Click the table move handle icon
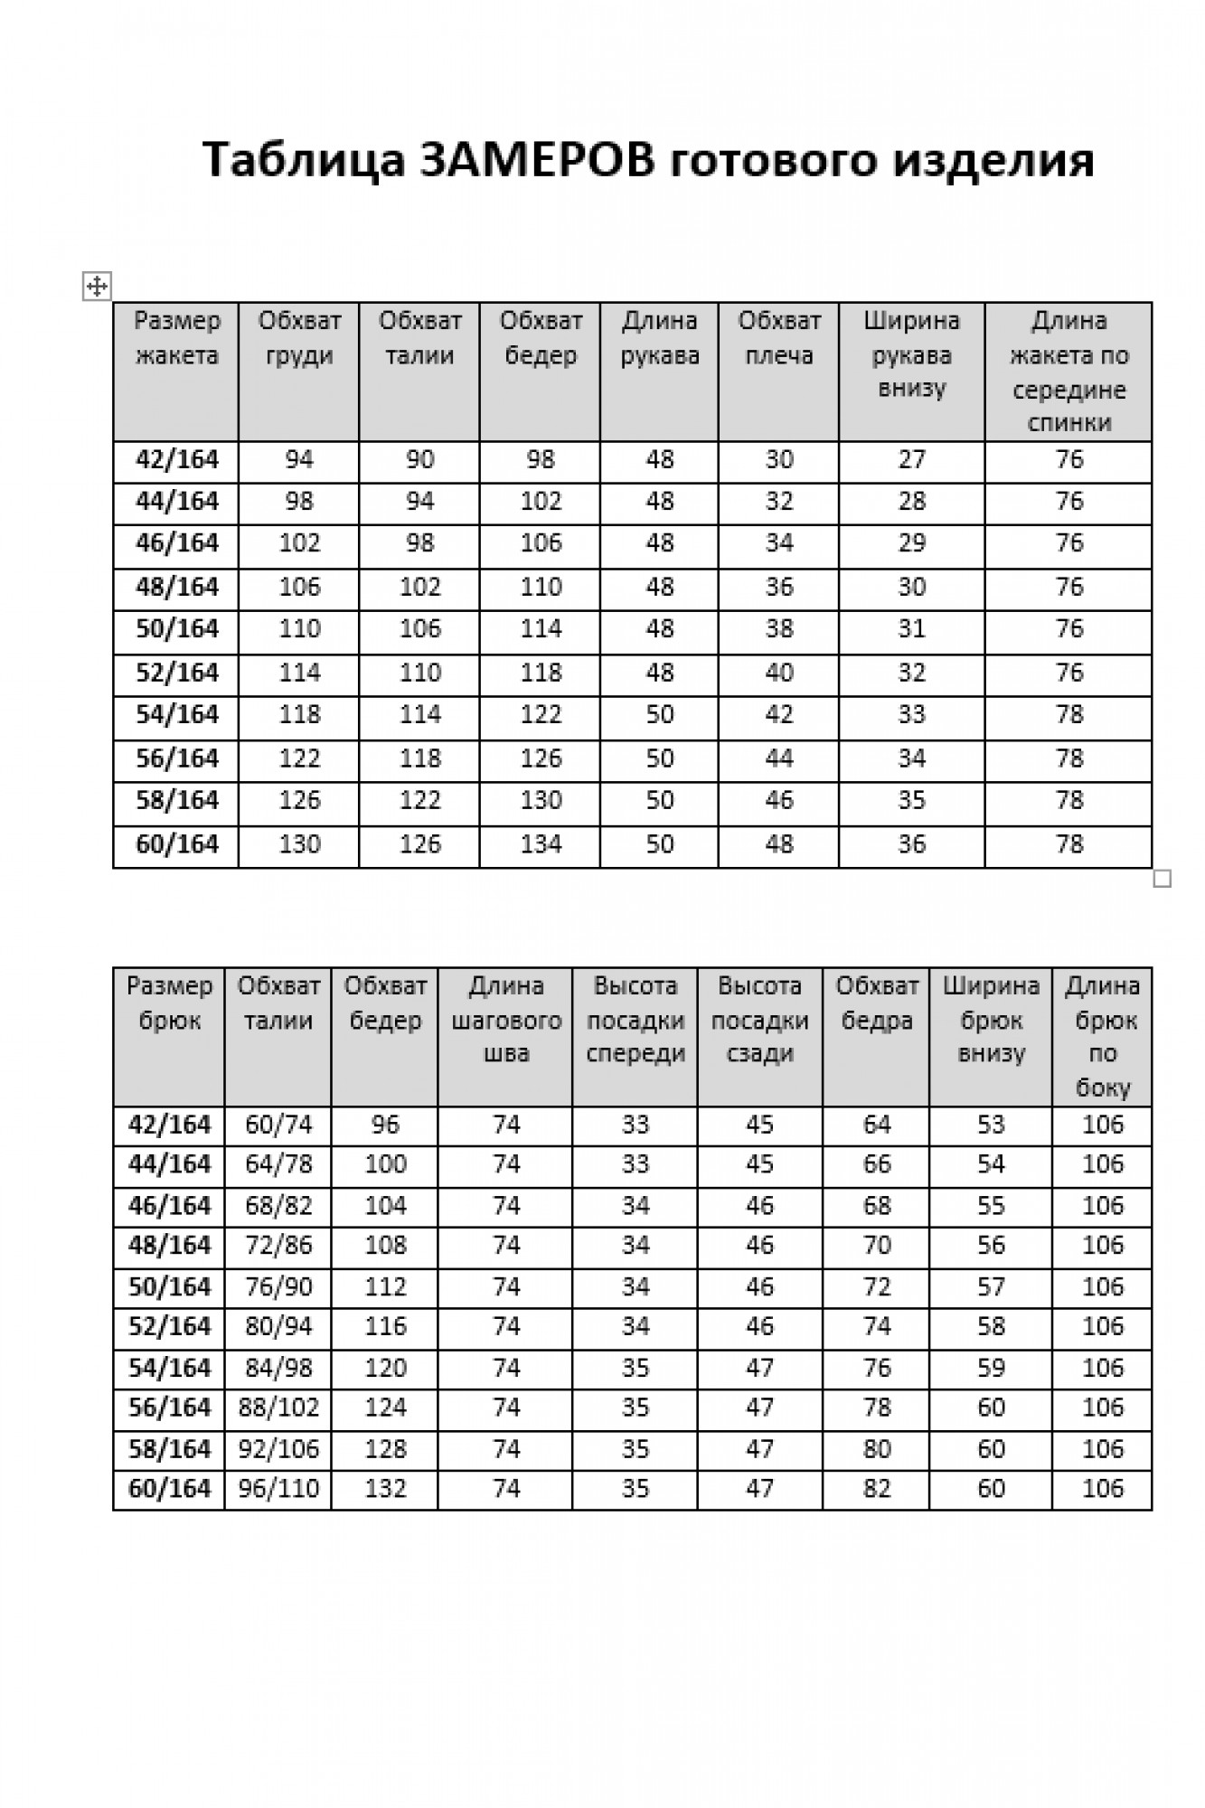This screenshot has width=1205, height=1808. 97,287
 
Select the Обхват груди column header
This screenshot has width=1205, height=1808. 299,338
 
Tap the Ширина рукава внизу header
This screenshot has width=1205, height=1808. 911,354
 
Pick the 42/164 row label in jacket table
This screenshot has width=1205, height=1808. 177,460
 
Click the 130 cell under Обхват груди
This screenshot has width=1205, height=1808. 299,844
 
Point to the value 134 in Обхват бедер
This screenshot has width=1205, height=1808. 541,844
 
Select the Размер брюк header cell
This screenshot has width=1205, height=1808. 169,1003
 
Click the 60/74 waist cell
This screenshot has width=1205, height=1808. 278,1125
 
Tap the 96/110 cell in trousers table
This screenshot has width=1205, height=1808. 278,1488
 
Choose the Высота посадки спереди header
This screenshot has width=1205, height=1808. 635,1020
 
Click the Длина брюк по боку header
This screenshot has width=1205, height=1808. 1103,1036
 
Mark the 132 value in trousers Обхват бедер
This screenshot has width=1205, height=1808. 385,1488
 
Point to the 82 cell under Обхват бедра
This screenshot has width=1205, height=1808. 877,1488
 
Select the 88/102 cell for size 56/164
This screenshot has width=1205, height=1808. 278,1408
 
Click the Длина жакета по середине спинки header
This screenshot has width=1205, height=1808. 1068,372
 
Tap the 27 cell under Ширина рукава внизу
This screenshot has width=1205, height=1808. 911,460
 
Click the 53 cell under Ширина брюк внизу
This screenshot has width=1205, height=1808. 991,1125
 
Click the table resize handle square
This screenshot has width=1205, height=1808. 1163,878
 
